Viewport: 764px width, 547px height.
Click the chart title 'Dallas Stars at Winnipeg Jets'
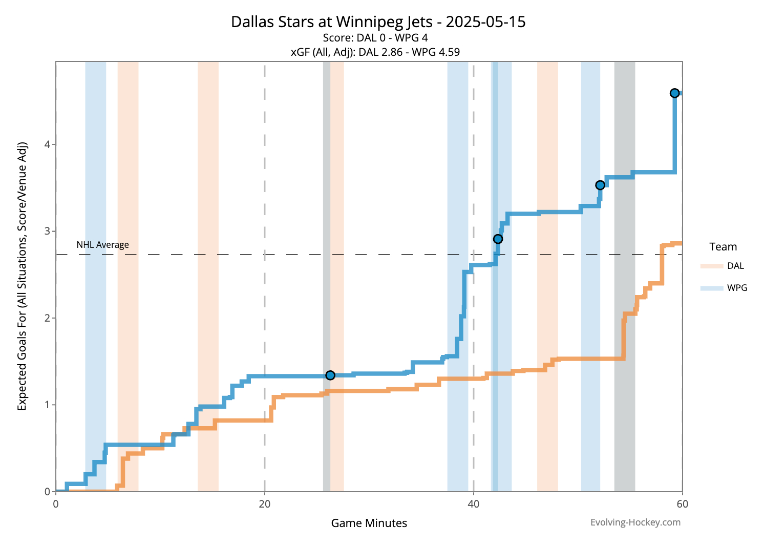378,22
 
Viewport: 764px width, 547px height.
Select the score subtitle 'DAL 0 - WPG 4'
375,38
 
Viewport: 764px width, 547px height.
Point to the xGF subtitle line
375,52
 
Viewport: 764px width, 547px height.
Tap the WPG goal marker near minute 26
330,375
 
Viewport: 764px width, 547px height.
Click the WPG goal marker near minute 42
498,239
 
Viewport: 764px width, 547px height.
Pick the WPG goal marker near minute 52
600,185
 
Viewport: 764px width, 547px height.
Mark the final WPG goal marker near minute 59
674,93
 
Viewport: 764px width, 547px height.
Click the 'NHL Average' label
103,245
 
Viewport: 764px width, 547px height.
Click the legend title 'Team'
723,247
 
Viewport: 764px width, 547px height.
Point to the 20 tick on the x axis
265,504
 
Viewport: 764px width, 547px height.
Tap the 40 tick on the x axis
474,504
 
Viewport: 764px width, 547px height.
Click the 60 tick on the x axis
682,504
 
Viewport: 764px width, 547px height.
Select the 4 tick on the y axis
47,144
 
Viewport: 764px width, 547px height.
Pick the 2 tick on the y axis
47,318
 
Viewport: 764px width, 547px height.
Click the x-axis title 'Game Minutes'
369,523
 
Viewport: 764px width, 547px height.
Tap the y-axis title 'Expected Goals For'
22,277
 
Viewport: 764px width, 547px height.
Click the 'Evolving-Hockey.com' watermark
635,522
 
